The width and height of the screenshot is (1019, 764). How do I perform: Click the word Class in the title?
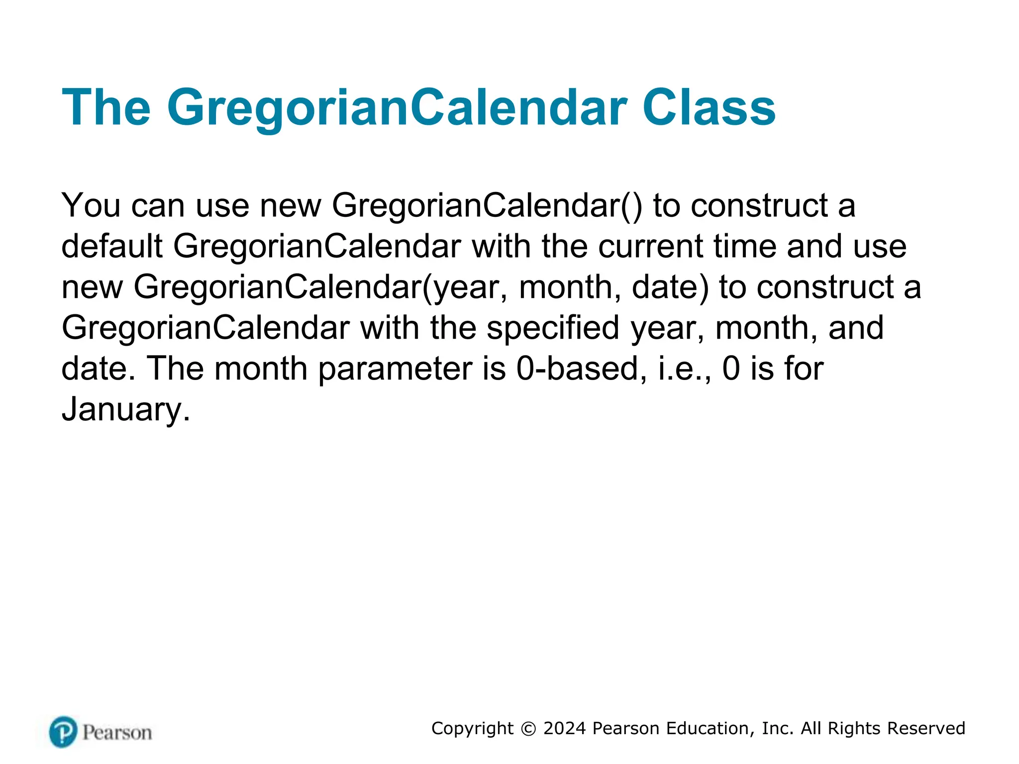coord(709,108)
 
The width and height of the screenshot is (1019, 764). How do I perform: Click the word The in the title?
coord(106,108)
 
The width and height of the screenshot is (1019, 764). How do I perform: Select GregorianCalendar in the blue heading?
coord(397,108)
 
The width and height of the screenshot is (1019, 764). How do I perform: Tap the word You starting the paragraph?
coord(91,205)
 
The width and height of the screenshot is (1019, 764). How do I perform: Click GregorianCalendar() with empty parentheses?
coord(487,205)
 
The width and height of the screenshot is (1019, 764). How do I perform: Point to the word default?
coord(112,246)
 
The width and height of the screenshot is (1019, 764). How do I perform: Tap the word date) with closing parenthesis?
coord(670,287)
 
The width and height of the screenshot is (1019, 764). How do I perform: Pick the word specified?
coord(552,328)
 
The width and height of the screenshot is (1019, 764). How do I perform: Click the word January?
coord(125,410)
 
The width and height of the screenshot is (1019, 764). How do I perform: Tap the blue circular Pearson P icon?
coord(63,732)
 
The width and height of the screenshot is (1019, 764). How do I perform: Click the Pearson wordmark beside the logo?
coord(117,733)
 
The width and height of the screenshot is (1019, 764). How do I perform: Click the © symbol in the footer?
coord(528,729)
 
